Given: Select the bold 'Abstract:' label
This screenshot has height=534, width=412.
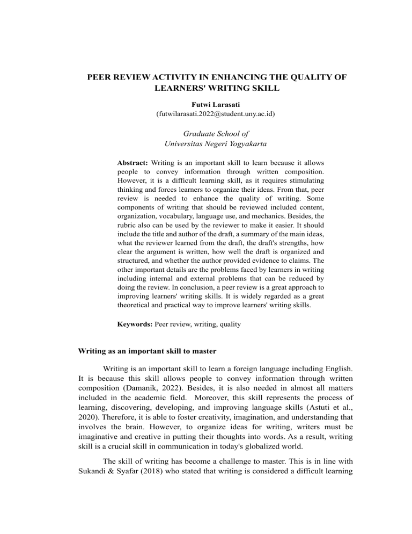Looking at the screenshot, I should [x=133, y=162].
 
